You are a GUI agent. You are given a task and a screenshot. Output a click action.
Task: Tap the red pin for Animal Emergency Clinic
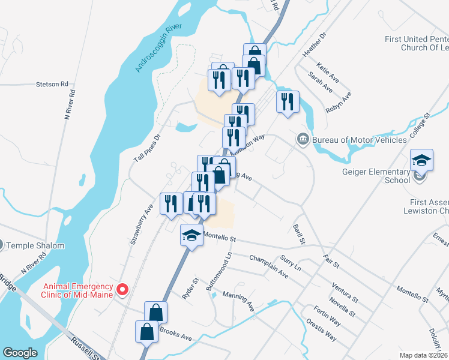122,290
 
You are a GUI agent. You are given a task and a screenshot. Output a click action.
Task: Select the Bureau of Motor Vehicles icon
303,140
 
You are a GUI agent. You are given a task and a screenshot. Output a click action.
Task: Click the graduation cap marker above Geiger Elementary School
422,160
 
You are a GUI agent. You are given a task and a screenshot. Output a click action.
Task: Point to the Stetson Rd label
52,85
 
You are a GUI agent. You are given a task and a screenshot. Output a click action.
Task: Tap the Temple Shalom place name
31,245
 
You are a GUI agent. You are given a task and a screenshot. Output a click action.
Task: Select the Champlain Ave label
268,265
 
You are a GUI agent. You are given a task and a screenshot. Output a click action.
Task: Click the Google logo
20,353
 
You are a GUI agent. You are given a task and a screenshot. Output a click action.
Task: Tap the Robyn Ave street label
338,103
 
